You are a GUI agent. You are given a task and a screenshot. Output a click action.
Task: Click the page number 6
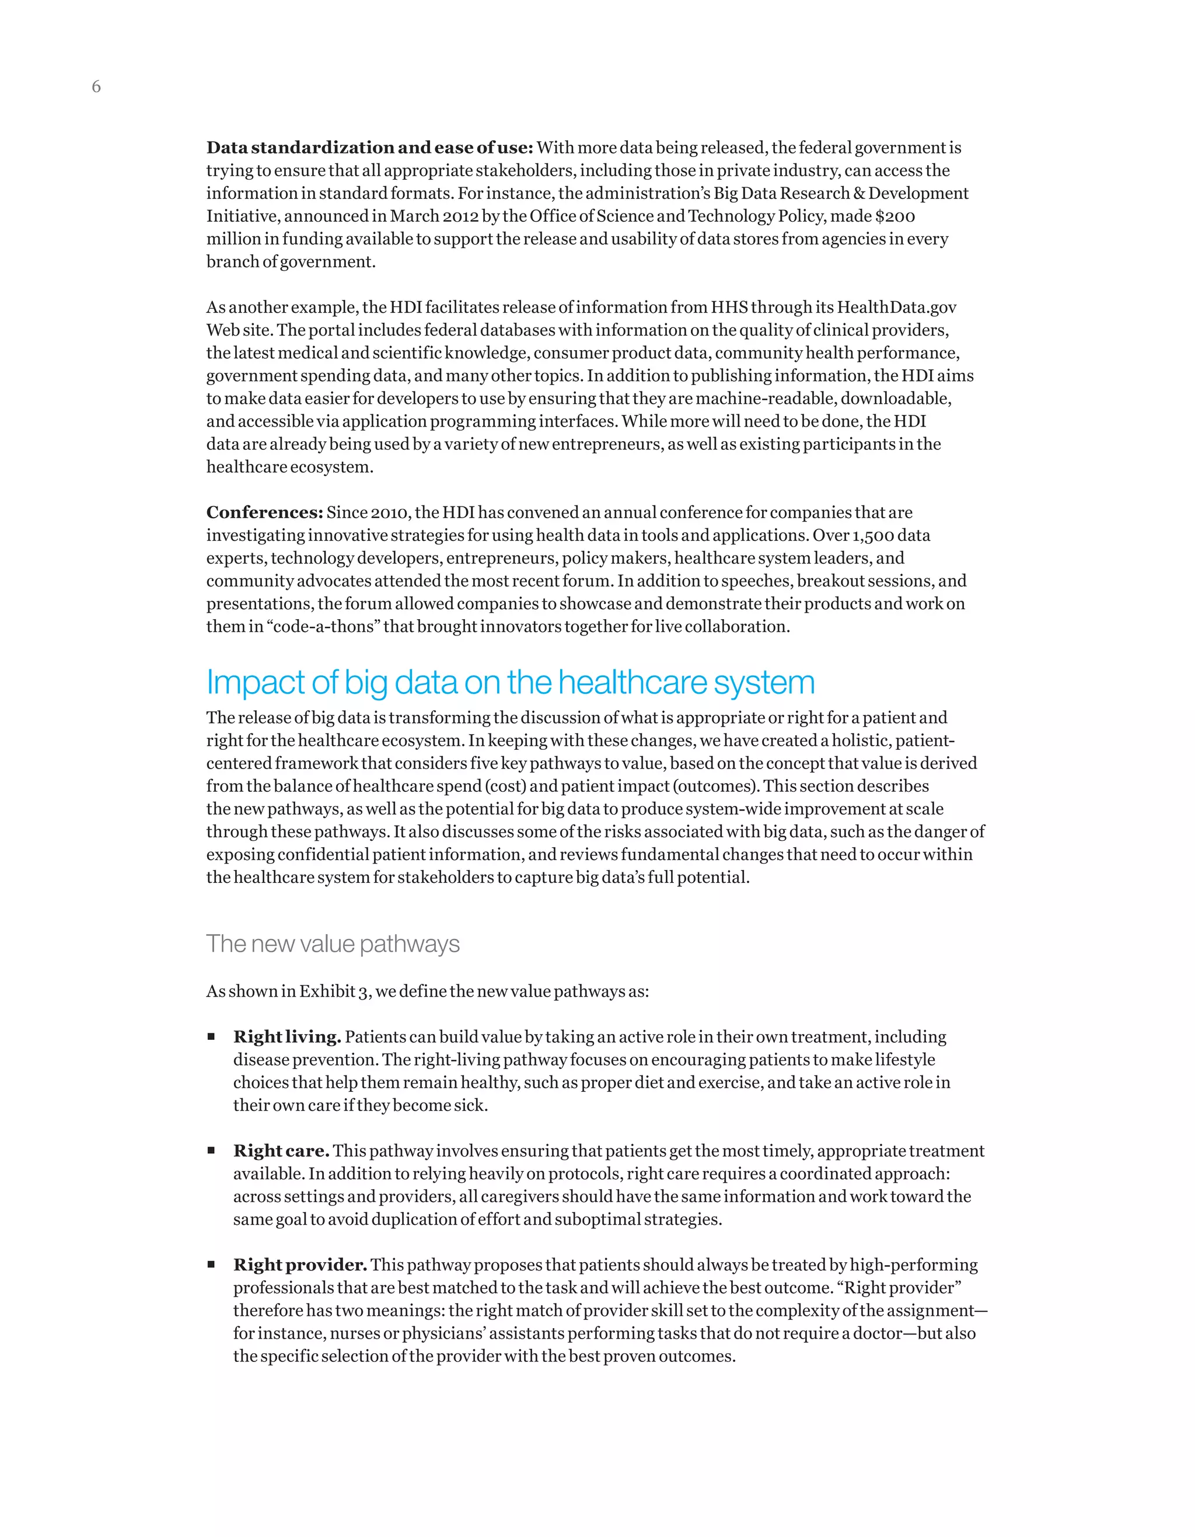point(96,86)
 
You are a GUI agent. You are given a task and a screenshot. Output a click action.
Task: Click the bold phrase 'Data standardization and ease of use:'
point(369,148)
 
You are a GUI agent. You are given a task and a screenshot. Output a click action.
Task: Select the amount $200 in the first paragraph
point(894,216)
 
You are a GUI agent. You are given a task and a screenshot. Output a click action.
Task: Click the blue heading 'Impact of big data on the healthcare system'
point(510,682)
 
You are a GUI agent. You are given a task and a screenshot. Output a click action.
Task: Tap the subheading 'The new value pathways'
point(332,944)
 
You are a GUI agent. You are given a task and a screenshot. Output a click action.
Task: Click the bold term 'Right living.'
point(287,1038)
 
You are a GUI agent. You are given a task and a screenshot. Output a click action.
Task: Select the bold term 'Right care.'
point(281,1151)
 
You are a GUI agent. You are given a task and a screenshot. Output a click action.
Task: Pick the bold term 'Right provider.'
point(300,1265)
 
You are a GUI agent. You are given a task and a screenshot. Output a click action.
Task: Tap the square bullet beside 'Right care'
point(211,1151)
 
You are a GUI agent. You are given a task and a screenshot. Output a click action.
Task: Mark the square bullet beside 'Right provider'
point(211,1264)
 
